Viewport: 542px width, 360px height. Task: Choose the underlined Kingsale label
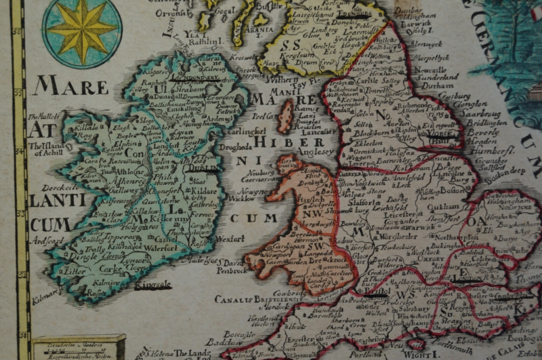point(153,285)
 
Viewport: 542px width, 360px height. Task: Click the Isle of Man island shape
point(286,115)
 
